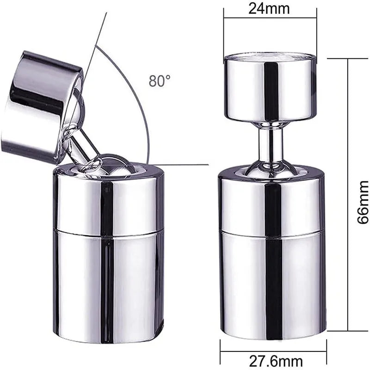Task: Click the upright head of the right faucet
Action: click(x=271, y=88)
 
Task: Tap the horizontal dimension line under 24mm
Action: click(x=271, y=18)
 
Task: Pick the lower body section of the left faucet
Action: click(x=109, y=282)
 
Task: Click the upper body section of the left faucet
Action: click(x=109, y=199)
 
